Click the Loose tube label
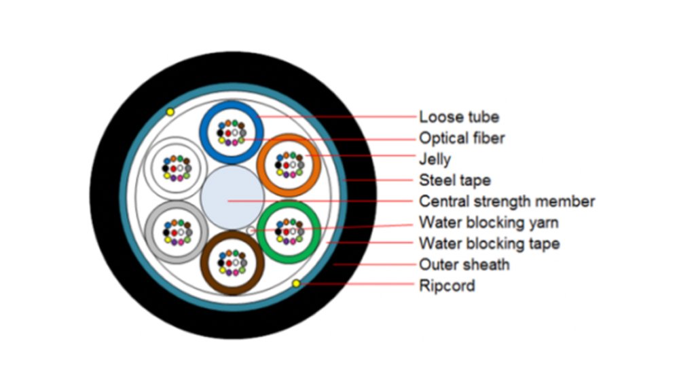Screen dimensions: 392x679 [x=459, y=117]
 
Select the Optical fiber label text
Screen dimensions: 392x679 [x=462, y=138]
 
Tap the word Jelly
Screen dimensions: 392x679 [x=435, y=159]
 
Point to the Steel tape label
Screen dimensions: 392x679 [x=454, y=180]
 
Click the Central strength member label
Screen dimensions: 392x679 [x=507, y=201]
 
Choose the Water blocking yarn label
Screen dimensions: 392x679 [x=489, y=222]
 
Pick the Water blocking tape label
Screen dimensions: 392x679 [x=489, y=243]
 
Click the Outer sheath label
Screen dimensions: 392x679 [x=464, y=264]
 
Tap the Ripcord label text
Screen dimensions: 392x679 [x=447, y=286]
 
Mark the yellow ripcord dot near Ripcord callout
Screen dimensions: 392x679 [x=296, y=283]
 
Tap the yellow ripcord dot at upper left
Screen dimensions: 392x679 [x=170, y=112]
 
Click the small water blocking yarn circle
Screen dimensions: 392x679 [x=253, y=231]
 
